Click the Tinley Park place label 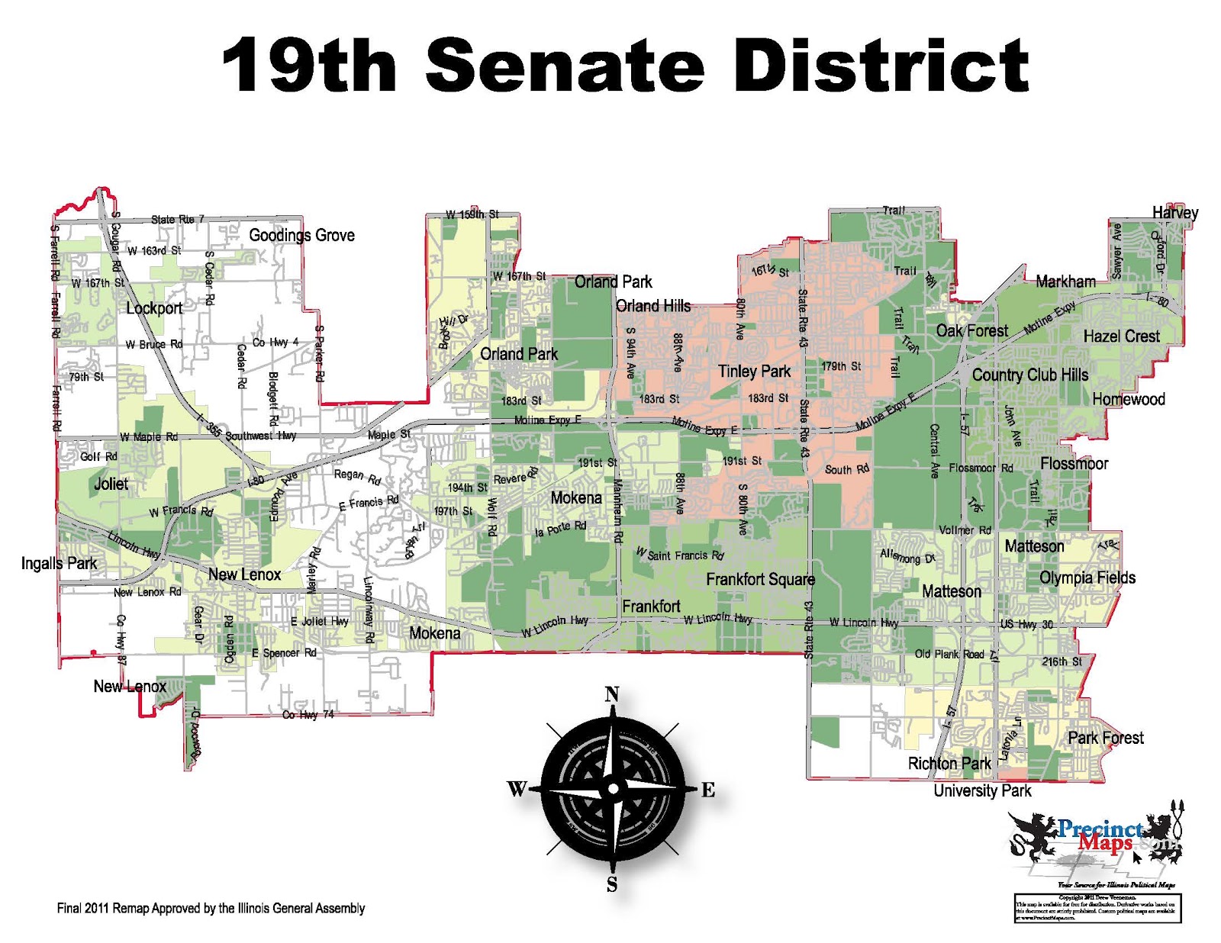pyautogui.click(x=754, y=372)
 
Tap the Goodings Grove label pyautogui.click(x=301, y=235)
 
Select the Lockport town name pyautogui.click(x=154, y=308)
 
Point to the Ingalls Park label pyautogui.click(x=59, y=563)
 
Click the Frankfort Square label pyautogui.click(x=760, y=580)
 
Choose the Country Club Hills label pyautogui.click(x=1029, y=375)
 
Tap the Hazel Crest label pyautogui.click(x=1121, y=336)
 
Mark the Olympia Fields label pyautogui.click(x=1087, y=578)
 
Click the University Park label pyautogui.click(x=982, y=791)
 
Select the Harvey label pyautogui.click(x=1174, y=213)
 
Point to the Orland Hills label pyautogui.click(x=652, y=306)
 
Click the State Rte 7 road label pyautogui.click(x=178, y=220)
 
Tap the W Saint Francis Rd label pyautogui.click(x=680, y=554)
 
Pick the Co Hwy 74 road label pyautogui.click(x=308, y=715)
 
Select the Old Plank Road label pyautogui.click(x=949, y=655)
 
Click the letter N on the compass pyautogui.click(x=612, y=694)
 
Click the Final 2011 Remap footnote pyautogui.click(x=211, y=908)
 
